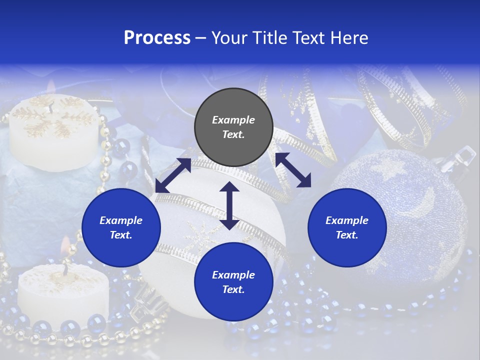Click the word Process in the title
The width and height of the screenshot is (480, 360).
(x=157, y=38)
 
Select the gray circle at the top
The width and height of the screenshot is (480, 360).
(x=233, y=127)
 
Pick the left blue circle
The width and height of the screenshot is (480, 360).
(x=121, y=227)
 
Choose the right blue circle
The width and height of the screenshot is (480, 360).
(x=347, y=227)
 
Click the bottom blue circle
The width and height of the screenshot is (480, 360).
(x=233, y=282)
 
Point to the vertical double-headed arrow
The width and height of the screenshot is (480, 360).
(x=229, y=205)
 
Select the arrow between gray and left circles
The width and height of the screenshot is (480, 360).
(x=173, y=175)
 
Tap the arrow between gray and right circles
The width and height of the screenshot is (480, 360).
(x=293, y=170)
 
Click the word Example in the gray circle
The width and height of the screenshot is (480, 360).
(x=233, y=120)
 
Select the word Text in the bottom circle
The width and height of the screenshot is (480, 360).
(x=233, y=289)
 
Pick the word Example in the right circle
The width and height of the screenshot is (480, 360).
(x=347, y=220)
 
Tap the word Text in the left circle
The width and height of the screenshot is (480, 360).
(x=121, y=235)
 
